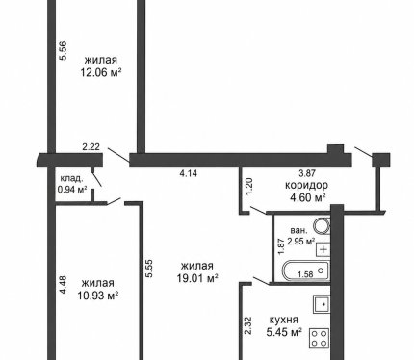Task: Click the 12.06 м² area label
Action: (x=101, y=73)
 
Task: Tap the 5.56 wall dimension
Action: (x=64, y=51)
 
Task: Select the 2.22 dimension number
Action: (x=91, y=147)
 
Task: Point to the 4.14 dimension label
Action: (x=189, y=173)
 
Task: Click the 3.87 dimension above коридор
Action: (x=307, y=173)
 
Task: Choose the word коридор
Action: (x=307, y=185)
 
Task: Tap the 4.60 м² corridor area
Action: (x=308, y=197)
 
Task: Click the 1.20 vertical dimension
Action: (x=249, y=187)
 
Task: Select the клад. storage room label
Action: (x=72, y=178)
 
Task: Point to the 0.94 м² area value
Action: (x=72, y=190)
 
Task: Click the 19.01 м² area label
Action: (x=197, y=278)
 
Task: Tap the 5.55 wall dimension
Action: (x=149, y=269)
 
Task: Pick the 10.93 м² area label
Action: (x=98, y=295)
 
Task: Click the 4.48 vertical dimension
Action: (x=64, y=285)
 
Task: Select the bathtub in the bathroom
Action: (x=306, y=272)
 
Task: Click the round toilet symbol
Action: (x=322, y=226)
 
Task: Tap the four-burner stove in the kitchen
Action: (x=320, y=338)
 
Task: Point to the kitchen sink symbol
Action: (x=322, y=304)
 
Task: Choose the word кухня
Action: (x=283, y=320)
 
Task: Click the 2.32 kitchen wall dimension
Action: (x=248, y=326)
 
